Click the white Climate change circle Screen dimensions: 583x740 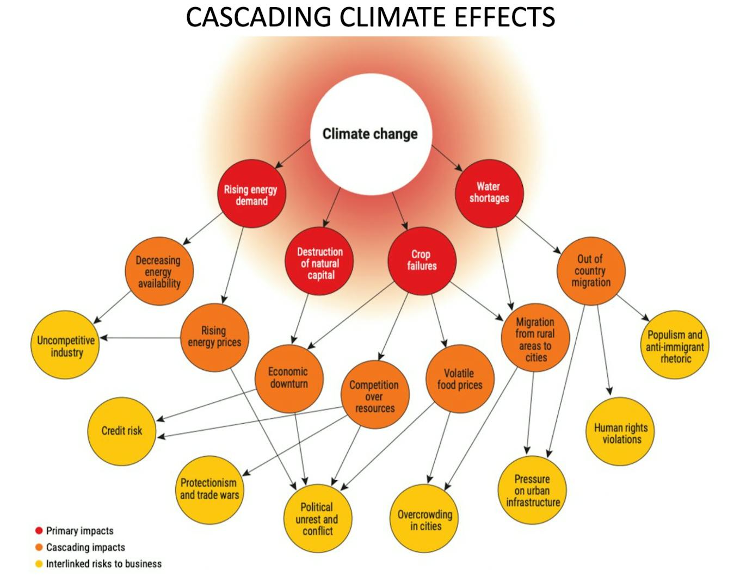click(x=371, y=134)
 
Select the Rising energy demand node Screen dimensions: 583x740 click(x=251, y=194)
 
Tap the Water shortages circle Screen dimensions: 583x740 click(x=489, y=193)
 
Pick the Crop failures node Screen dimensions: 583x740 click(x=422, y=261)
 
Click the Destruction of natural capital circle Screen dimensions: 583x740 click(x=320, y=263)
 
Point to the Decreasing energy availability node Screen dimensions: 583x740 click(x=158, y=271)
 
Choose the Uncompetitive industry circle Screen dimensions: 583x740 click(x=66, y=346)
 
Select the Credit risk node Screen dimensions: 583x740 click(x=122, y=431)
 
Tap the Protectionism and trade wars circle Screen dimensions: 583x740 click(x=209, y=489)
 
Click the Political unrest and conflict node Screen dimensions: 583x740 click(x=317, y=518)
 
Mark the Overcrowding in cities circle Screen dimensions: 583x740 click(x=425, y=519)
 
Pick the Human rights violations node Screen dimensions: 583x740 click(x=621, y=433)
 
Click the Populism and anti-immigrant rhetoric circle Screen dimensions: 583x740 click(x=675, y=346)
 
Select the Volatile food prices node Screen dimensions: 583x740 click(x=460, y=379)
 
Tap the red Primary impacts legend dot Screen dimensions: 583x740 click(x=39, y=531)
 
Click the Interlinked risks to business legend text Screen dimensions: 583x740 click(x=104, y=564)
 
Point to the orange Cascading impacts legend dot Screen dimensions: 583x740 click(x=39, y=547)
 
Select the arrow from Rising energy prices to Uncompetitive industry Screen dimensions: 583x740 click(x=140, y=338)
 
